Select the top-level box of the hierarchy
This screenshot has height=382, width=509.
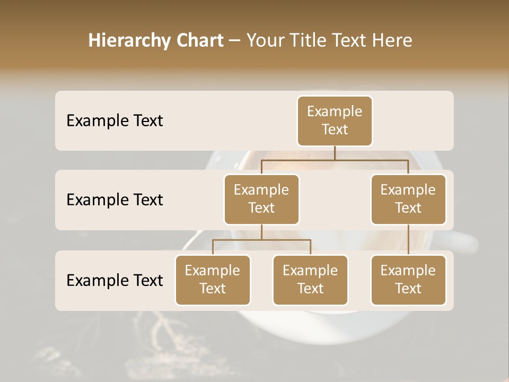pyautogui.click(x=335, y=120)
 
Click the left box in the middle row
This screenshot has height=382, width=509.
pyautogui.click(x=261, y=199)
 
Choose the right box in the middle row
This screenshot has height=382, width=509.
pyautogui.click(x=408, y=199)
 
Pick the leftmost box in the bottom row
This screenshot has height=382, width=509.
pyautogui.click(x=213, y=280)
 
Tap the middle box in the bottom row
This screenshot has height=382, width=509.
pyautogui.click(x=310, y=280)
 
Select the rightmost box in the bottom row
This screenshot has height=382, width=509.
pyautogui.click(x=408, y=280)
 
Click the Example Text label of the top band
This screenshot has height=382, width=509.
pyautogui.click(x=115, y=121)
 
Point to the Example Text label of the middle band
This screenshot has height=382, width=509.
pyautogui.click(x=115, y=200)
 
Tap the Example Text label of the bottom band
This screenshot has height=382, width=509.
pyautogui.click(x=115, y=280)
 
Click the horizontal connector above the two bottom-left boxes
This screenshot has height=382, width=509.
pyautogui.click(x=261, y=240)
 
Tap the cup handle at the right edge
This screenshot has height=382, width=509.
pyautogui.click(x=466, y=241)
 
